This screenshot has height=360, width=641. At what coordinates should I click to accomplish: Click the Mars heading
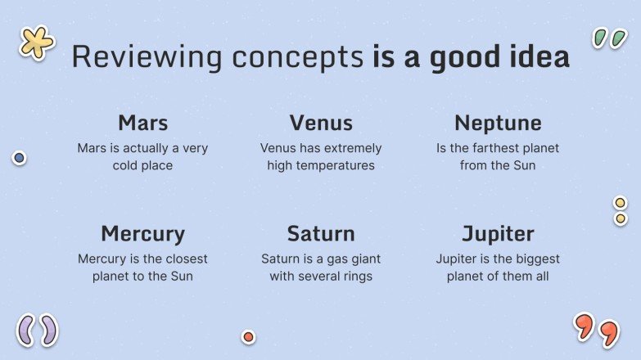tap(143, 123)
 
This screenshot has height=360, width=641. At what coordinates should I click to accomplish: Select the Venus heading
tap(321, 123)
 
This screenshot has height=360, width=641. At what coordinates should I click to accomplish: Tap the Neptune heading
tap(498, 123)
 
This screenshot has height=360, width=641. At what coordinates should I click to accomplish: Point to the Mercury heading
tap(142, 234)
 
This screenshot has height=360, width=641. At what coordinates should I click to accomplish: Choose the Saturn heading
tap(321, 234)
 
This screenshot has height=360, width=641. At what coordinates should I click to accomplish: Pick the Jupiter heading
tap(498, 234)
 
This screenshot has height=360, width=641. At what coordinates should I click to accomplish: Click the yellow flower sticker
tap(36, 43)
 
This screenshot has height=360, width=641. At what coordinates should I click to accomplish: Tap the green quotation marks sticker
tap(610, 38)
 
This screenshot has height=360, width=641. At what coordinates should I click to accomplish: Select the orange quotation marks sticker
tap(597, 331)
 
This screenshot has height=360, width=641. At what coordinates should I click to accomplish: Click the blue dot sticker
tap(19, 158)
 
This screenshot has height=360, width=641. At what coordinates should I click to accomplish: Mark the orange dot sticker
tap(248, 337)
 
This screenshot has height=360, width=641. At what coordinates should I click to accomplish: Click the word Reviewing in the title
tap(147, 57)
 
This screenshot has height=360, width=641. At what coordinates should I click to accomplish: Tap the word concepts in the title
tap(298, 58)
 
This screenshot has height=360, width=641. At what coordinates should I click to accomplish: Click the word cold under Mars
tap(125, 165)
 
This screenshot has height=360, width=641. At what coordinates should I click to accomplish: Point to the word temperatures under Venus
tap(335, 165)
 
